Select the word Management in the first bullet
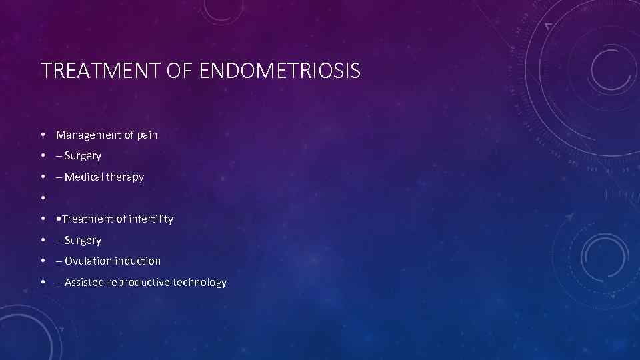coord(89,135)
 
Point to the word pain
coord(147,135)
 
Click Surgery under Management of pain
coord(83,156)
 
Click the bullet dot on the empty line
coord(42,198)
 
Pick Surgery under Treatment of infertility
coord(83,240)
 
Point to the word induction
coord(138,261)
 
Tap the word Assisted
coord(85,283)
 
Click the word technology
coord(200,283)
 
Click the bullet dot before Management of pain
coord(42,135)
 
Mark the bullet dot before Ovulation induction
coord(42,261)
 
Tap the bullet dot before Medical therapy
coord(42,177)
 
